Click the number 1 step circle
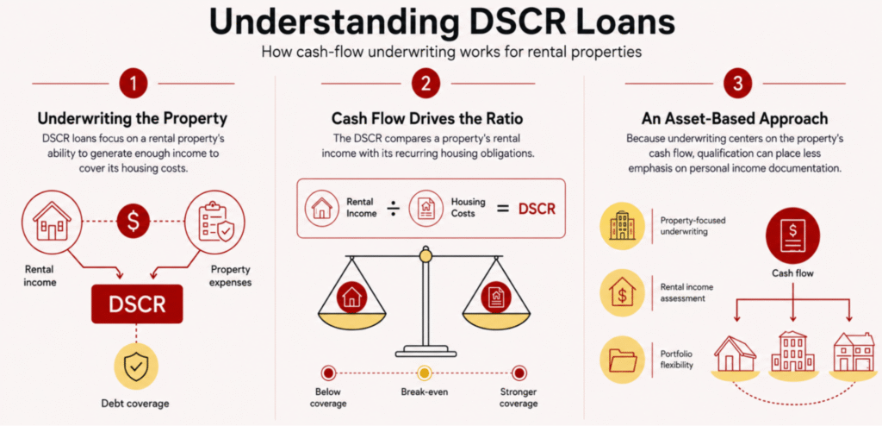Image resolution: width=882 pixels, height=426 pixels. click(133, 84)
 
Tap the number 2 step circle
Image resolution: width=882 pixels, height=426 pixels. click(425, 84)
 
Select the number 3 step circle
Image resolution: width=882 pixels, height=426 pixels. click(737, 84)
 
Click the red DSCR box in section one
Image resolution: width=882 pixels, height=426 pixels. click(137, 304)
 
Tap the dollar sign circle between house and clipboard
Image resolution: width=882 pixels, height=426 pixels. click(133, 220)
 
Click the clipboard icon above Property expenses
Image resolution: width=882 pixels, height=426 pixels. click(215, 221)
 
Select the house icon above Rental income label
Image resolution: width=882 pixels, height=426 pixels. click(52, 221)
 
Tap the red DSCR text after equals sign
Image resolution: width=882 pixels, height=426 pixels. click(537, 209)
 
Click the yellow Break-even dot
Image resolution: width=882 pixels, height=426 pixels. click(425, 373)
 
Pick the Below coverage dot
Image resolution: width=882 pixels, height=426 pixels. click(328, 373)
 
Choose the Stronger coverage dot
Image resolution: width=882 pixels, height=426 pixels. click(519, 373)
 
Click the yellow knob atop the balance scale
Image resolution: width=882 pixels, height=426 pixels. click(425, 256)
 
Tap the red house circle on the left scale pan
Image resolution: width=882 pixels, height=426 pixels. click(351, 297)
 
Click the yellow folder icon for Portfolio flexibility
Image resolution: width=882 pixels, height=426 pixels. click(622, 359)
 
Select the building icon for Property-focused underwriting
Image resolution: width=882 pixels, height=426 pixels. click(622, 228)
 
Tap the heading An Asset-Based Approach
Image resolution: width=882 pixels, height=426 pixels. click(735, 119)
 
